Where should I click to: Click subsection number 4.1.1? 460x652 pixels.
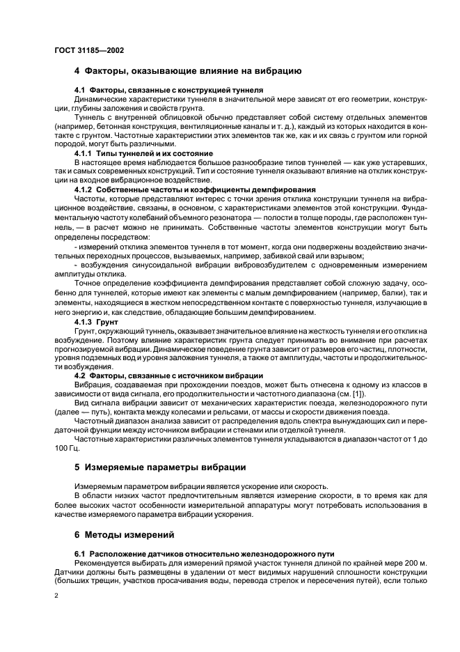point(84,153)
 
